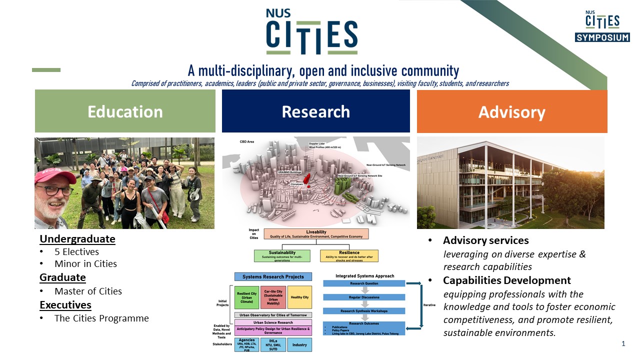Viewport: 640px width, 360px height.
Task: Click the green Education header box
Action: pos(125,111)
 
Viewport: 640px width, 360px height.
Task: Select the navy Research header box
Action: pos(315,111)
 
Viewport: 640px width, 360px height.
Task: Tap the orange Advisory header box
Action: pos(511,111)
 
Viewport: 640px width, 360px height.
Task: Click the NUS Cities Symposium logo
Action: pos(602,26)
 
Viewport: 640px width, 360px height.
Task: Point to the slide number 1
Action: pos(623,343)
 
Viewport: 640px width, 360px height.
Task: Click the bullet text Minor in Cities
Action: pos(85,263)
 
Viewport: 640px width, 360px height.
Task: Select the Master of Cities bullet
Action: pos(88,291)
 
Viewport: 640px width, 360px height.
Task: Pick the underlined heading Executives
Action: pos(65,305)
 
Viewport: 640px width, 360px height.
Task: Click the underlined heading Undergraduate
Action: pos(77,239)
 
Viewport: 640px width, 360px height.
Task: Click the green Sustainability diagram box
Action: pos(282,255)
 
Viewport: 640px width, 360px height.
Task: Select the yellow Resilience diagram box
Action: pos(349,255)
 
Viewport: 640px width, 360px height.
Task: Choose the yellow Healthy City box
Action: pos(299,297)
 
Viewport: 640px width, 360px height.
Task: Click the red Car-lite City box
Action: pos(273,297)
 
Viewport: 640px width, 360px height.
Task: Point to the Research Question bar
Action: pos(364,283)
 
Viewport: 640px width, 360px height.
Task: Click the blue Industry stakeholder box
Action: pos(299,345)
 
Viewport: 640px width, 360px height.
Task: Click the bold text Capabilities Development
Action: pos(507,280)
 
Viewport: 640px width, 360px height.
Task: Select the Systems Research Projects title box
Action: pos(273,276)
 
